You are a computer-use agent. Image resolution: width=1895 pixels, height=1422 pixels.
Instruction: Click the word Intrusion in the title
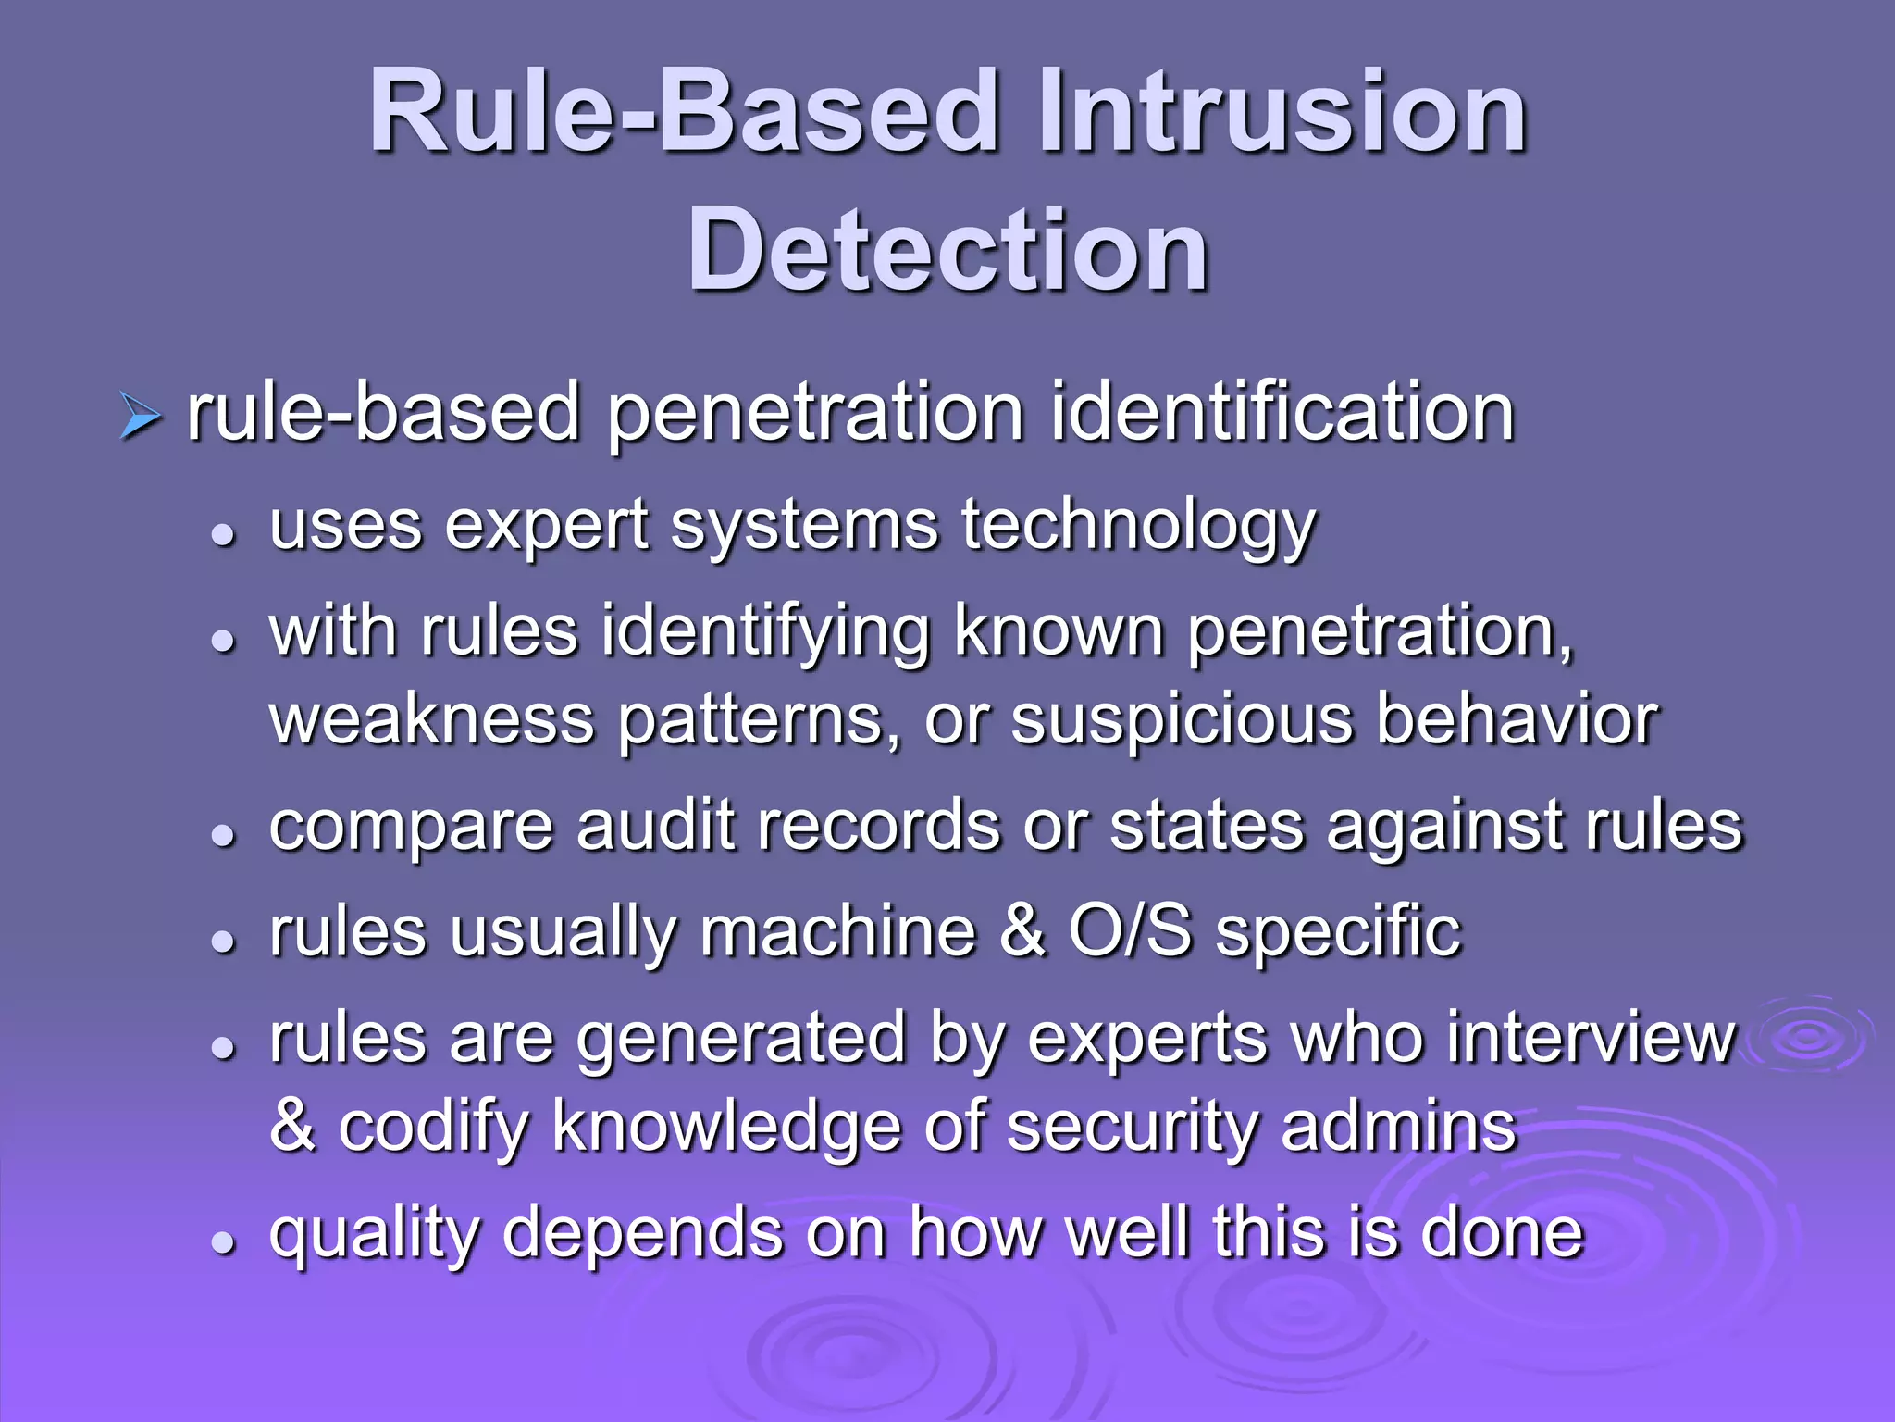(1282, 113)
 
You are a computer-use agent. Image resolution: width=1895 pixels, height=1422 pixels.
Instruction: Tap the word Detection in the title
(947, 250)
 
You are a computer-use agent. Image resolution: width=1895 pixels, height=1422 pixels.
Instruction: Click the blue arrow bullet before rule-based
(141, 416)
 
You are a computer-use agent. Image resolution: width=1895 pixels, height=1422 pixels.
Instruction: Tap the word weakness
(431, 720)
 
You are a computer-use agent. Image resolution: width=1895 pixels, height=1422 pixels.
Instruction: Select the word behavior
(1517, 720)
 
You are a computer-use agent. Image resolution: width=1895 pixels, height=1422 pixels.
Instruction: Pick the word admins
(1399, 1126)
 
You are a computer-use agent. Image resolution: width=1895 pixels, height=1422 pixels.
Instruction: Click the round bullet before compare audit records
(223, 836)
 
